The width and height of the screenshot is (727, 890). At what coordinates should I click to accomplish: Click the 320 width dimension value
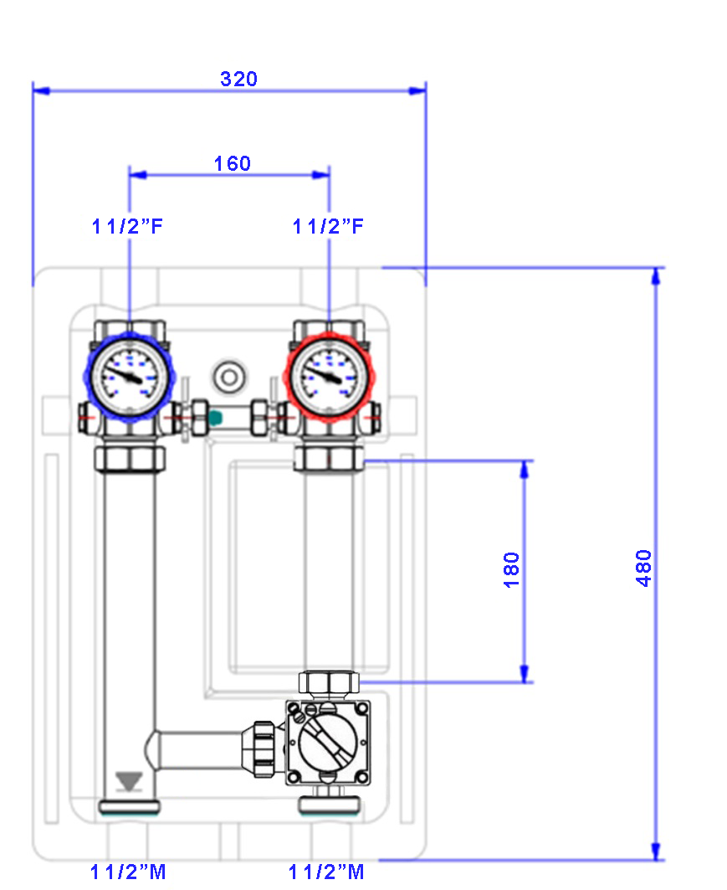point(238,79)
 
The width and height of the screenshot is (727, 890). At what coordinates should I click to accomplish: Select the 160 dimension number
point(233,163)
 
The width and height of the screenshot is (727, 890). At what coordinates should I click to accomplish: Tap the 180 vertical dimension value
point(511,570)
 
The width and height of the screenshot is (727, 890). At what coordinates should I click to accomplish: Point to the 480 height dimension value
point(643,568)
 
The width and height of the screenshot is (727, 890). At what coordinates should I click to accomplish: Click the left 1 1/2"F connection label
point(127,226)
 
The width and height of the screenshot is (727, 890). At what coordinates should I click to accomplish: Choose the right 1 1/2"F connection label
point(328,226)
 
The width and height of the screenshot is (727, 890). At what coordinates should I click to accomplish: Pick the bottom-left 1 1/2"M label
point(128,872)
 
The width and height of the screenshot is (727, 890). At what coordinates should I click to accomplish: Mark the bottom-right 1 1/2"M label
point(326,872)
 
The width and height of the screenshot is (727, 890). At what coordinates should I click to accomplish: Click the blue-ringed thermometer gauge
point(130,377)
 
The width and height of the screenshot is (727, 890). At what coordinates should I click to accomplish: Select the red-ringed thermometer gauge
point(330,377)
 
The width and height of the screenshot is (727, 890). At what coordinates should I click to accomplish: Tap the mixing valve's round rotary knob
point(328,741)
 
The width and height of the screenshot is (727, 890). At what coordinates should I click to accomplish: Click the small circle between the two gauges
point(229,377)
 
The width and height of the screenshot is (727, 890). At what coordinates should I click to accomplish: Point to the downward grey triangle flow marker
point(129,782)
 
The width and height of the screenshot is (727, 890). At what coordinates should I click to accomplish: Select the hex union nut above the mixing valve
point(329,684)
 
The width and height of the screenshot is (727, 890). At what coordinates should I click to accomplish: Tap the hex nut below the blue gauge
point(130,459)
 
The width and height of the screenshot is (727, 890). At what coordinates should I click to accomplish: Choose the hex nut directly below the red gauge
point(329,459)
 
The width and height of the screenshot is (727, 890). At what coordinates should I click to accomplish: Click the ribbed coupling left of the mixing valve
point(264,749)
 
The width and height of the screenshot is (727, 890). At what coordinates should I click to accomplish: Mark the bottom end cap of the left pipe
point(130,806)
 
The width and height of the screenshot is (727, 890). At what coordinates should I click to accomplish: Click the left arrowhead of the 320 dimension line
point(41,90)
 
